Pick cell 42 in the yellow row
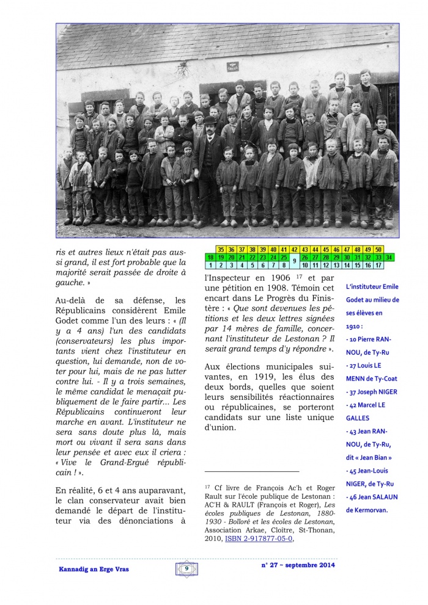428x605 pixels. coord(294,250)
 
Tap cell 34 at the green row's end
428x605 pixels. coord(389,258)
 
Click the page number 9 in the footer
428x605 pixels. coord(186,568)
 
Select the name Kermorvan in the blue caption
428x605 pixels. coord(372,509)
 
